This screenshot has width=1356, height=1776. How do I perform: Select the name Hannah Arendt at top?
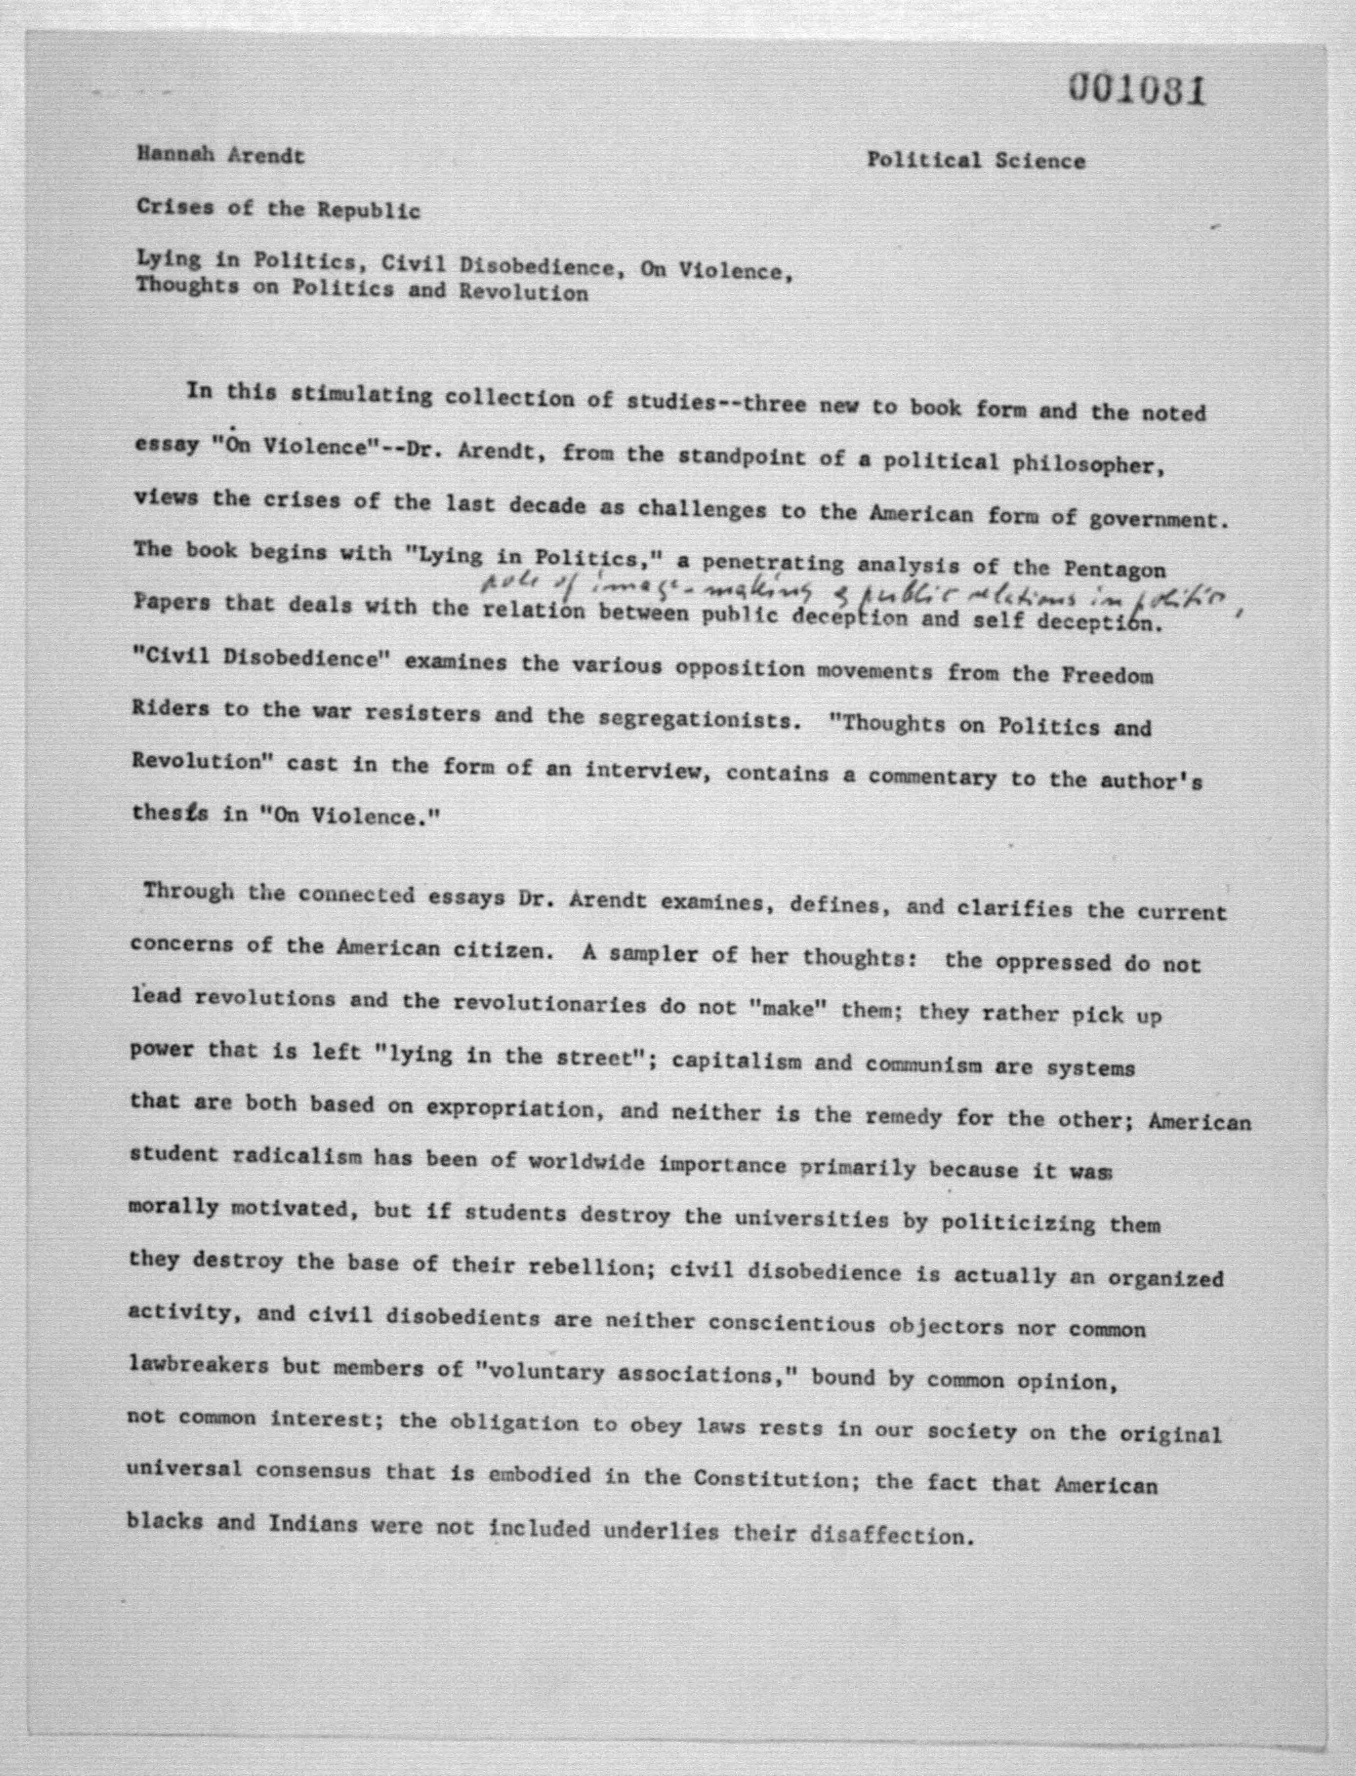tap(220, 156)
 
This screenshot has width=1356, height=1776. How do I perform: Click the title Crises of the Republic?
tap(278, 209)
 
